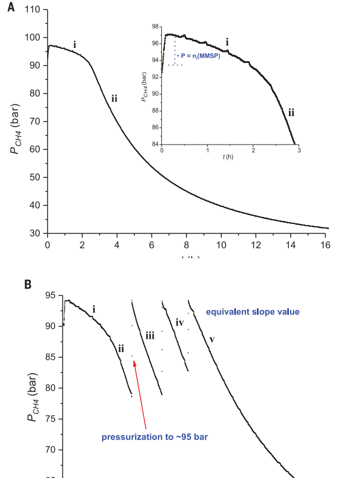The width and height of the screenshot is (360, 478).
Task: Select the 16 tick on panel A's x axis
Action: (326, 245)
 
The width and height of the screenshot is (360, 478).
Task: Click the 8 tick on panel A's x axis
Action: (186, 245)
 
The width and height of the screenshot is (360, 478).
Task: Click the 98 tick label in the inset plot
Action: (156, 27)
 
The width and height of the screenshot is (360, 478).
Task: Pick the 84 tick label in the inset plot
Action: (156, 144)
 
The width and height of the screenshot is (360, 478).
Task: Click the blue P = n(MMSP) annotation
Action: (200, 55)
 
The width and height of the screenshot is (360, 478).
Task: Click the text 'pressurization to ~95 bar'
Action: (154, 437)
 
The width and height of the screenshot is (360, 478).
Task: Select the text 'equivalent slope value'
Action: (252, 312)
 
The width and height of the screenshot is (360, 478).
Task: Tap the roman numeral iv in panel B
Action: (180, 322)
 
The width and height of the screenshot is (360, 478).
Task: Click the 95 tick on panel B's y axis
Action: (51, 296)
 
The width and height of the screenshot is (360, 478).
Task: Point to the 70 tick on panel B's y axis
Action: (51, 449)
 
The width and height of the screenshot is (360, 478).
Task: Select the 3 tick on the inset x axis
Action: (299, 150)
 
